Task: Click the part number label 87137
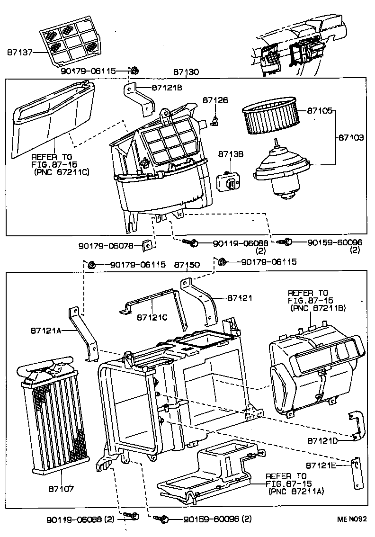(x=19, y=53)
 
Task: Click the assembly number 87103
(x=351, y=138)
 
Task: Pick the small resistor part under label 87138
(x=229, y=181)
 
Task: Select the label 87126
(x=215, y=100)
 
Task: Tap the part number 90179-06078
(x=109, y=245)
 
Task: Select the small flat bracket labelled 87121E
(x=357, y=473)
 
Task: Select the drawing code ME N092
(x=351, y=519)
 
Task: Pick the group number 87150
(x=187, y=265)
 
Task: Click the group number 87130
(x=186, y=72)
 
